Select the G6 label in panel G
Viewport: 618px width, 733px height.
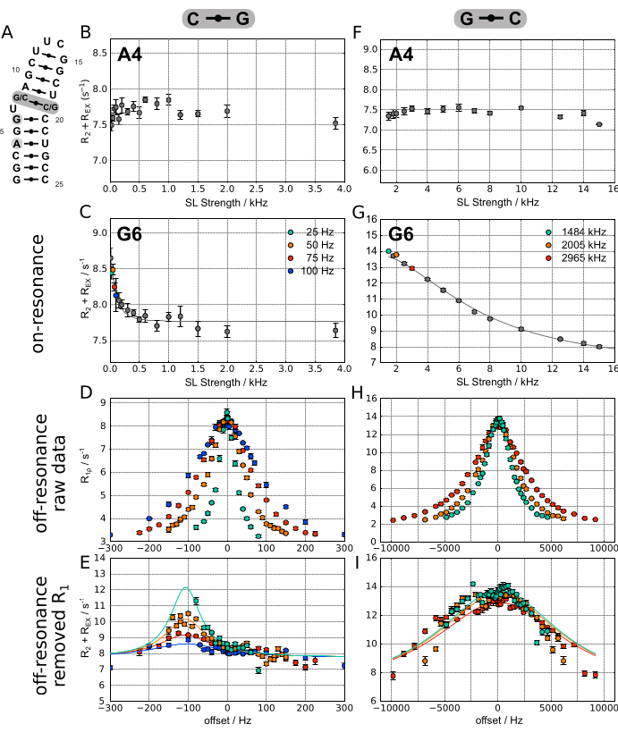pyautogui.click(x=402, y=237)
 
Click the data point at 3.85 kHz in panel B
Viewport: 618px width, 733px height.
pyautogui.click(x=334, y=123)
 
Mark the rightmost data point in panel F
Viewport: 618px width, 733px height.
pyautogui.click(x=598, y=124)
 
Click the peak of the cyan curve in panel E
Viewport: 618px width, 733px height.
pyautogui.click(x=185, y=587)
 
